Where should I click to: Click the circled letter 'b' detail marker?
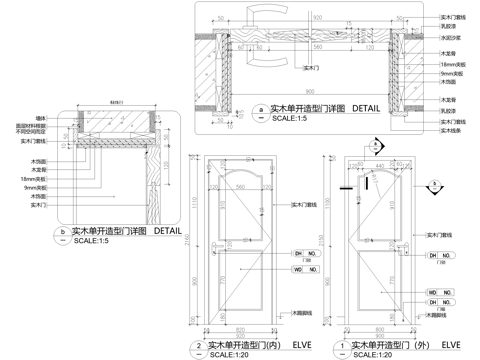pos(65,232)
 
